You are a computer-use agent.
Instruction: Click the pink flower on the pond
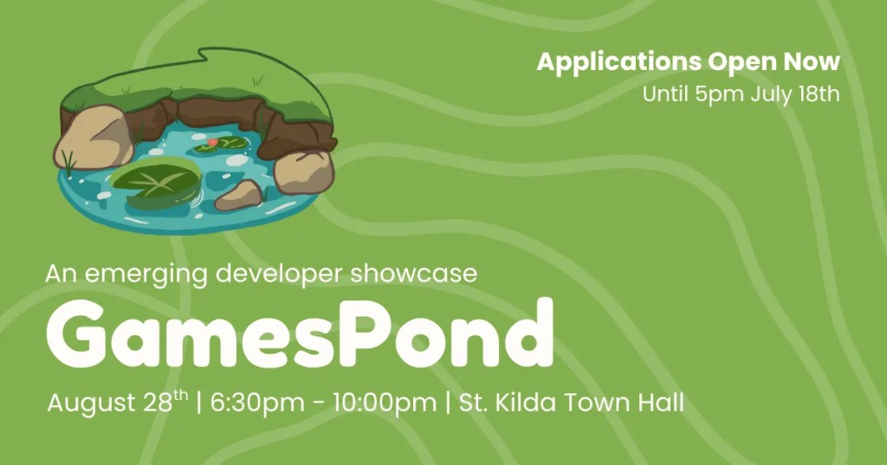tap(212, 142)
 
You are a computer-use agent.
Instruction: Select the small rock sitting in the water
tap(240, 195)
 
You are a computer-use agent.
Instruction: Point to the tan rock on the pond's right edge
tap(304, 172)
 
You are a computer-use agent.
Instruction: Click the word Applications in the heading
tap(618, 62)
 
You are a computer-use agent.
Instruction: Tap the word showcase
tap(413, 274)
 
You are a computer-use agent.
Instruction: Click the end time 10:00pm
tap(385, 404)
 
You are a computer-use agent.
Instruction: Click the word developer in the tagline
tap(280, 274)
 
